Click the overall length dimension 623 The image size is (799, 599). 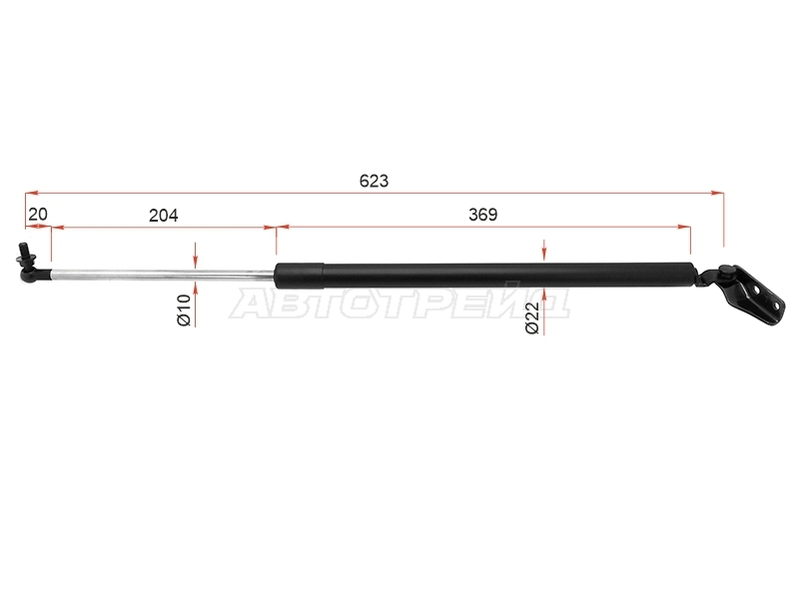(x=374, y=181)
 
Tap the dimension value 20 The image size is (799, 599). (x=38, y=215)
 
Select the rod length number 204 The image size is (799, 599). (x=164, y=216)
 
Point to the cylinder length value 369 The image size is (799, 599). (x=482, y=215)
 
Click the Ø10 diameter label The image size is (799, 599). (x=184, y=310)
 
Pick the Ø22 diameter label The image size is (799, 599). (x=532, y=317)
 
